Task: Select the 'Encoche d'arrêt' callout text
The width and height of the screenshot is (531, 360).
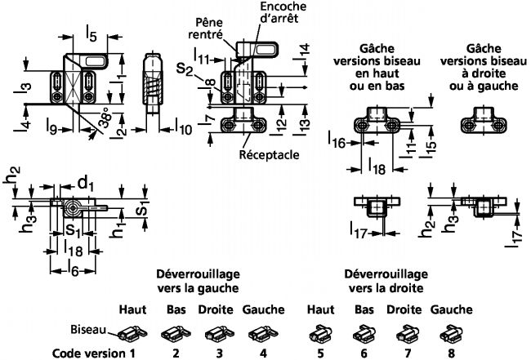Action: point(268,12)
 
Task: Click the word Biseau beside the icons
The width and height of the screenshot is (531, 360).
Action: point(87,330)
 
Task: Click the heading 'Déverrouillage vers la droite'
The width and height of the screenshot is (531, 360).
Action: point(386,282)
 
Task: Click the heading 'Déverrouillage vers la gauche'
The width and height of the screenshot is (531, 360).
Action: point(197,282)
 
